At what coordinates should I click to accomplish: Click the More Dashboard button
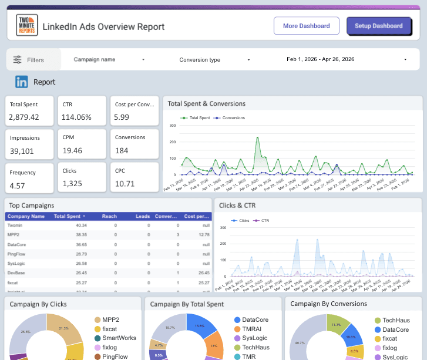(306, 26)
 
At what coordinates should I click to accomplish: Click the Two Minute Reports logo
(26, 26)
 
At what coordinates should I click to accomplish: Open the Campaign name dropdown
(109, 59)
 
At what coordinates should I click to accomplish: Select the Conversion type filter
(214, 60)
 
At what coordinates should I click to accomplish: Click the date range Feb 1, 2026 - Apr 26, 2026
(347, 59)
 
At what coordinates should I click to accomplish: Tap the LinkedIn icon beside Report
(22, 82)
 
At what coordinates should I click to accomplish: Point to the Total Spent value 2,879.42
(24, 117)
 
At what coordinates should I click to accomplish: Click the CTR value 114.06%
(76, 117)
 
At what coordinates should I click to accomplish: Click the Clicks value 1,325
(73, 184)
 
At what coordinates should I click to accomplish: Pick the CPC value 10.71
(125, 184)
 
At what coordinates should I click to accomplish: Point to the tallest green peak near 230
(257, 139)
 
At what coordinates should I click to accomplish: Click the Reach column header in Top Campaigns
(109, 217)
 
